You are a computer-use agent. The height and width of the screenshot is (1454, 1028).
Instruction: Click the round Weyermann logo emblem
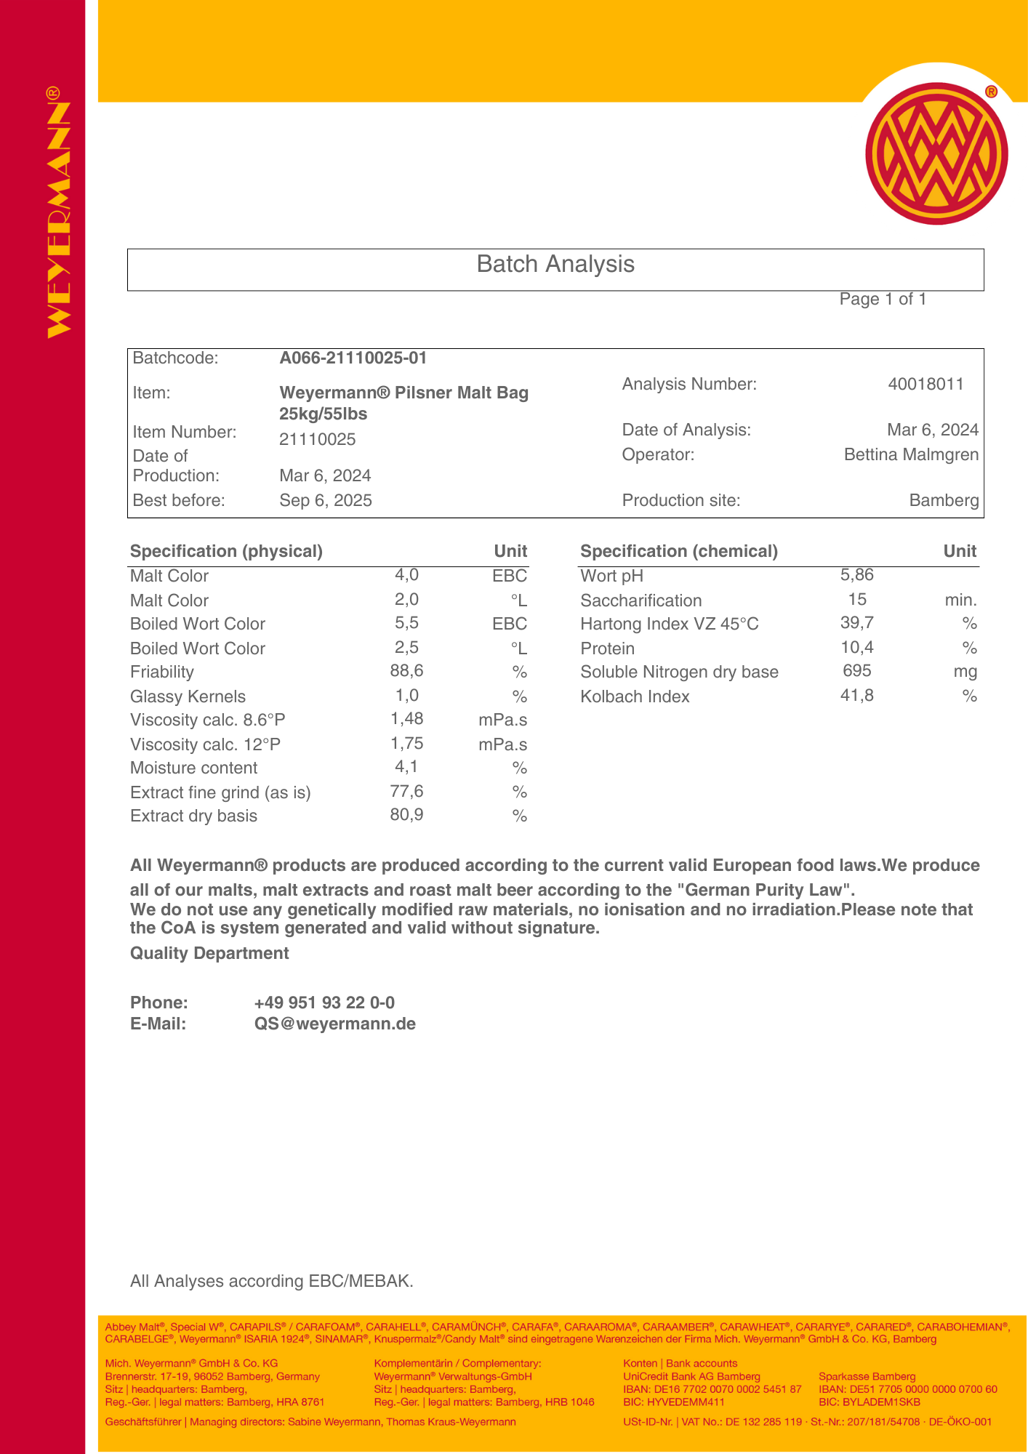click(x=936, y=153)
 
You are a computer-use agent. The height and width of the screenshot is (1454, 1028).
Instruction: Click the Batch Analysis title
click(x=555, y=264)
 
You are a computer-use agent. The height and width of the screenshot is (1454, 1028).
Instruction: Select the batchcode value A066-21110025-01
click(x=353, y=358)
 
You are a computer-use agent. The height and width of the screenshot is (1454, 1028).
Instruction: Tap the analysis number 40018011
click(x=925, y=384)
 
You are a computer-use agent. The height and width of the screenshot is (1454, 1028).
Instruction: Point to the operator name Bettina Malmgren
click(x=911, y=454)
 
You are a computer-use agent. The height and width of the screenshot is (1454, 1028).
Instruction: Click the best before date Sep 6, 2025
click(x=326, y=500)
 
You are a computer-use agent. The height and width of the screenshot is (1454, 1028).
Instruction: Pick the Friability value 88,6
click(x=406, y=670)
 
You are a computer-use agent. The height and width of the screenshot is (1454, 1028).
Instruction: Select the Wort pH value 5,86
click(x=857, y=575)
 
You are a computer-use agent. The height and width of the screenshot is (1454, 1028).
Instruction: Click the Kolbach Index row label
click(x=635, y=696)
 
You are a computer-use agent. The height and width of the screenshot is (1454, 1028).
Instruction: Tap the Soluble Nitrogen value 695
click(x=857, y=671)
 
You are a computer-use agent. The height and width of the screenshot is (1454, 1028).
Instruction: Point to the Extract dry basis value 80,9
click(x=406, y=814)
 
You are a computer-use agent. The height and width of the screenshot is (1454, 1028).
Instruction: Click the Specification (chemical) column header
click(x=679, y=551)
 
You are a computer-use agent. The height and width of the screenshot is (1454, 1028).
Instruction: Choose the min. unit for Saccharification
click(x=960, y=601)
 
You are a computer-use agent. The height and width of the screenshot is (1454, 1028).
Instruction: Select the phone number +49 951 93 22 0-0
click(x=324, y=1003)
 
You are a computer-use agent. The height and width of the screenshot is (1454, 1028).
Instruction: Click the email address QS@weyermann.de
click(x=335, y=1024)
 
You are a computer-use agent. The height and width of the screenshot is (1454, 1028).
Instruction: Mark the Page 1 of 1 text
click(x=883, y=299)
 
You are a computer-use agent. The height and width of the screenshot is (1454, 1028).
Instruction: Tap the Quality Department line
click(x=209, y=953)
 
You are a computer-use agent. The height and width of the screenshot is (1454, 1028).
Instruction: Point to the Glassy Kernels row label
click(x=188, y=696)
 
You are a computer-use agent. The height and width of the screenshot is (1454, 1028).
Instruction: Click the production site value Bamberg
click(x=944, y=500)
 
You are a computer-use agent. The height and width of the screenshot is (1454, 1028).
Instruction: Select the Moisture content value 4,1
click(x=406, y=766)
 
